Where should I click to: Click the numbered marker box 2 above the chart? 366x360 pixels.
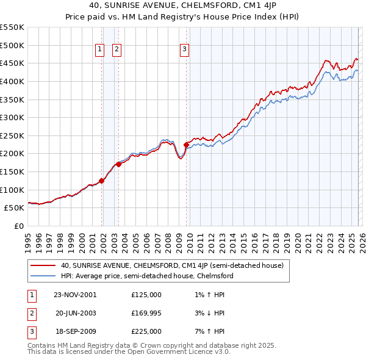(117, 51)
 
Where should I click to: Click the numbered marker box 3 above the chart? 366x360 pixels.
(185, 51)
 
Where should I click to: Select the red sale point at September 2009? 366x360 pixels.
(186, 145)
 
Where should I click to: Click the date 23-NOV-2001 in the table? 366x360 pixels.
(75, 294)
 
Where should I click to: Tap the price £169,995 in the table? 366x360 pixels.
(146, 312)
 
